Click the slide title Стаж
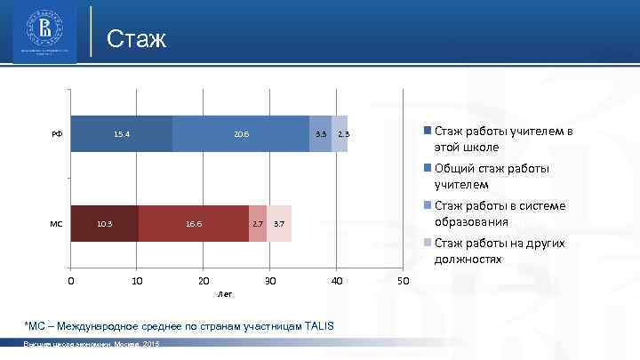tap(136, 39)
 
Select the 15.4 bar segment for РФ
tap(122, 134)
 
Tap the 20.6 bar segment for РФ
tap(241, 134)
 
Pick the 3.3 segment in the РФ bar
tap(321, 134)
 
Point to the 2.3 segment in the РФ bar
tap(340, 134)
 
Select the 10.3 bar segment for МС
tap(105, 223)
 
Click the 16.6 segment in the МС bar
tap(194, 223)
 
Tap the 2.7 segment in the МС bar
tap(258, 223)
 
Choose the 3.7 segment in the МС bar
tap(279, 223)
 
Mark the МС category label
tap(56, 223)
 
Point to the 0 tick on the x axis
tap(71, 281)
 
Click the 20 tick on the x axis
tap(204, 281)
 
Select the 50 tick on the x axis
tap(403, 281)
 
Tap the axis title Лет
tap(225, 293)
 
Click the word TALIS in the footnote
tap(316, 326)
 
